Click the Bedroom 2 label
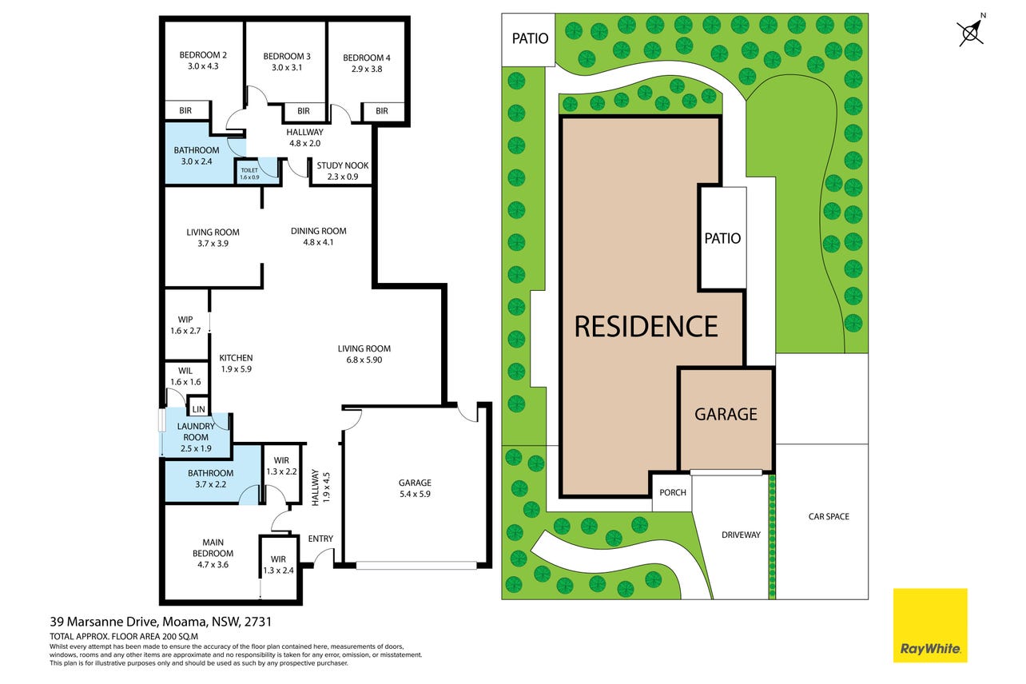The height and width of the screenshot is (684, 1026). coord(203,55)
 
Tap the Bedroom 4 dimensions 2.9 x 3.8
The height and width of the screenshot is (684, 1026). coord(367,70)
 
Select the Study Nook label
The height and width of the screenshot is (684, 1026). coord(343,165)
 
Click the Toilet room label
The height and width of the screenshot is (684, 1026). coord(249,170)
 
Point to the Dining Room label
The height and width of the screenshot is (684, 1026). coord(318,231)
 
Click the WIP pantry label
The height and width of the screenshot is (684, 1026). coord(185,320)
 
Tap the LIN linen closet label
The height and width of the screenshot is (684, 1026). coord(199,409)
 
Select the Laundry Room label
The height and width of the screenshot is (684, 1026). coord(196,431)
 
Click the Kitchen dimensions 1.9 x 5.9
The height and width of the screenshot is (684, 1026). coord(236,369)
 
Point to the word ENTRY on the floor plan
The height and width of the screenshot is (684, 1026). coord(320,539)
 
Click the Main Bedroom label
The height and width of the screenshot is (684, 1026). coord(213,547)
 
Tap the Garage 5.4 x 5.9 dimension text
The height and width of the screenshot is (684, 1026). coord(415,494)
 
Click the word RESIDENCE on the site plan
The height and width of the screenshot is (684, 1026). coord(646,326)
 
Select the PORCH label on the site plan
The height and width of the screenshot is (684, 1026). coord(672,492)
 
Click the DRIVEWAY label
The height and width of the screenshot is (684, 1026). coord(741,535)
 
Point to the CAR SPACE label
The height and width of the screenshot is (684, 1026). coord(829,516)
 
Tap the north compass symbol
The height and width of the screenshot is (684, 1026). coord(971,31)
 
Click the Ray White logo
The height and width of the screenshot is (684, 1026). coord(930,626)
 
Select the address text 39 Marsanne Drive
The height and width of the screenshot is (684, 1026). coord(105,622)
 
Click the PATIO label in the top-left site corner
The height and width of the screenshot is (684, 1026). coord(530,38)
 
